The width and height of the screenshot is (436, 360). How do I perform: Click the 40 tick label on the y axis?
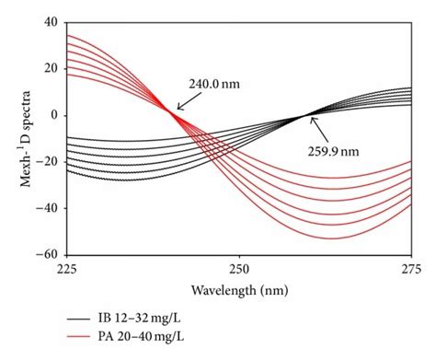[x=51, y=22]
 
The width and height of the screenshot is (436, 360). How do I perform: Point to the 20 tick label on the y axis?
[x=51, y=68]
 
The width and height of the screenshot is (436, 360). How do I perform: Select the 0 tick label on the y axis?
[x=54, y=115]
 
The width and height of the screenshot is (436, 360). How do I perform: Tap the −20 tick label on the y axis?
[x=47, y=162]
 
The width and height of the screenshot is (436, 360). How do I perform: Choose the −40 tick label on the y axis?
[x=47, y=208]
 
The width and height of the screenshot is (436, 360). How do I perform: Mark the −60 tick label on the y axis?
[x=47, y=255]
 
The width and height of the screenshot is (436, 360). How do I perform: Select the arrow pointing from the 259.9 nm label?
[x=321, y=127]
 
